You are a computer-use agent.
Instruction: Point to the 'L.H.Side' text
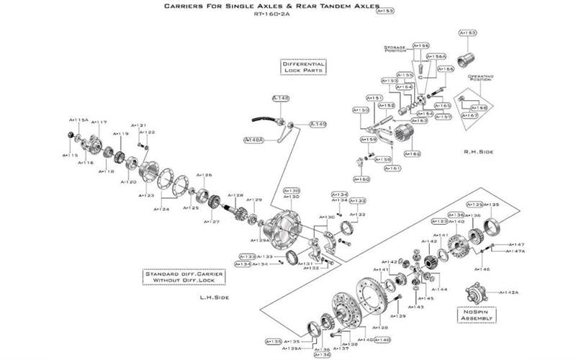215,297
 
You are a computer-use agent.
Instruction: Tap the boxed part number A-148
280,97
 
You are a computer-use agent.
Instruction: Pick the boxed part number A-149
318,124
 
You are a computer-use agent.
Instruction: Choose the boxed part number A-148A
254,139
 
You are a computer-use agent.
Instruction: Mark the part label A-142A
509,293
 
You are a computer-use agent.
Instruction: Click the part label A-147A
516,251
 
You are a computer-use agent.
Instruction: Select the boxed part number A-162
413,154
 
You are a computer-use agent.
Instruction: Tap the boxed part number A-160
361,179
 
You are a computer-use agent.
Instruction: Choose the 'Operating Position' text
480,78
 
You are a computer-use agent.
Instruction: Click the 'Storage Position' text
396,48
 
